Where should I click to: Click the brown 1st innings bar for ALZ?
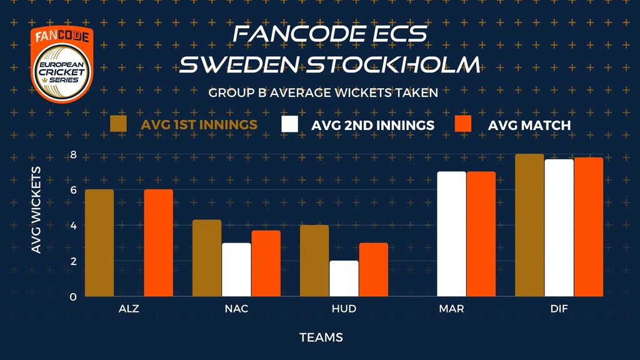point(99,243)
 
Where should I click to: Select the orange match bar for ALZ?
point(158,243)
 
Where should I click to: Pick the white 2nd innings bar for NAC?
point(236,269)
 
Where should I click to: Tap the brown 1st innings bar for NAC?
point(207,258)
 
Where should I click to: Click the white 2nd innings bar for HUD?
point(344,278)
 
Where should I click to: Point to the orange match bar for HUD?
point(374,269)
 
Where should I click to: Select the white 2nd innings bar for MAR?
point(451,234)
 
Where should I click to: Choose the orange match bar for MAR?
point(481,234)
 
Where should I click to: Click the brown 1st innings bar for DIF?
point(529,225)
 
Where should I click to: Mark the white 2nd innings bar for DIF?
point(559,227)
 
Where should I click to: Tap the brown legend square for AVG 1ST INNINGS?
point(118,124)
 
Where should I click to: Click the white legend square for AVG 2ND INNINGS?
point(289,124)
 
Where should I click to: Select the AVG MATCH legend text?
point(529,125)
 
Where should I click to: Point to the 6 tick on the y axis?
point(74,190)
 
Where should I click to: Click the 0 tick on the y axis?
point(73,297)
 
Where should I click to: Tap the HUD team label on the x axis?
point(344,309)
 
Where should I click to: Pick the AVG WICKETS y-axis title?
point(36,210)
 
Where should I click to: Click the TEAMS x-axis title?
point(321,337)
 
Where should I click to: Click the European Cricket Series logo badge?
point(62,64)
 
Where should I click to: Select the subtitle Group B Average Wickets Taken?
point(323,92)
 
